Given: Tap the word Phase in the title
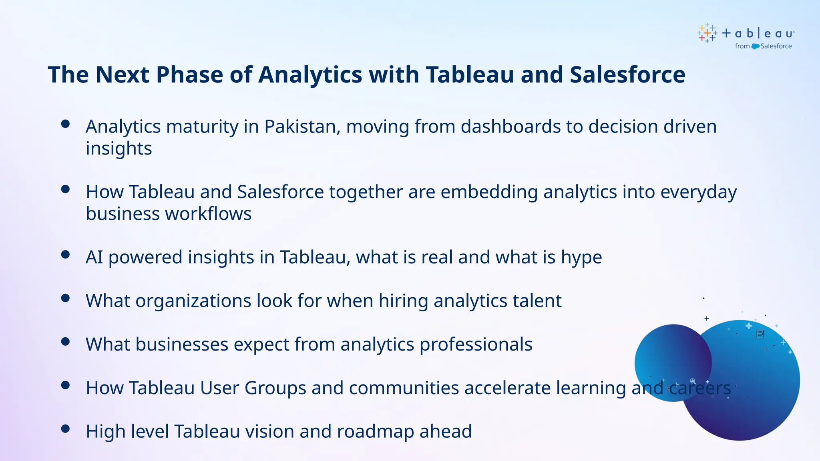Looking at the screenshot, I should (x=189, y=75).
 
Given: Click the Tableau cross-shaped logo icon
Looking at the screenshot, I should (x=707, y=33).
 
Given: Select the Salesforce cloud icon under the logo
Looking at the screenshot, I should (x=755, y=46).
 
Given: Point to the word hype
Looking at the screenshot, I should (x=581, y=258).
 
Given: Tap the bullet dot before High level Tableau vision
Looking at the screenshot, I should (x=66, y=429).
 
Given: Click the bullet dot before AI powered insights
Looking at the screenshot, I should (x=66, y=255).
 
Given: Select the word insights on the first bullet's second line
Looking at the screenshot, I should (x=119, y=149).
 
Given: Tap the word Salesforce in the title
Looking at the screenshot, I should (x=627, y=75).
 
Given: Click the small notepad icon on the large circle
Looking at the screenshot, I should (x=760, y=334).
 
